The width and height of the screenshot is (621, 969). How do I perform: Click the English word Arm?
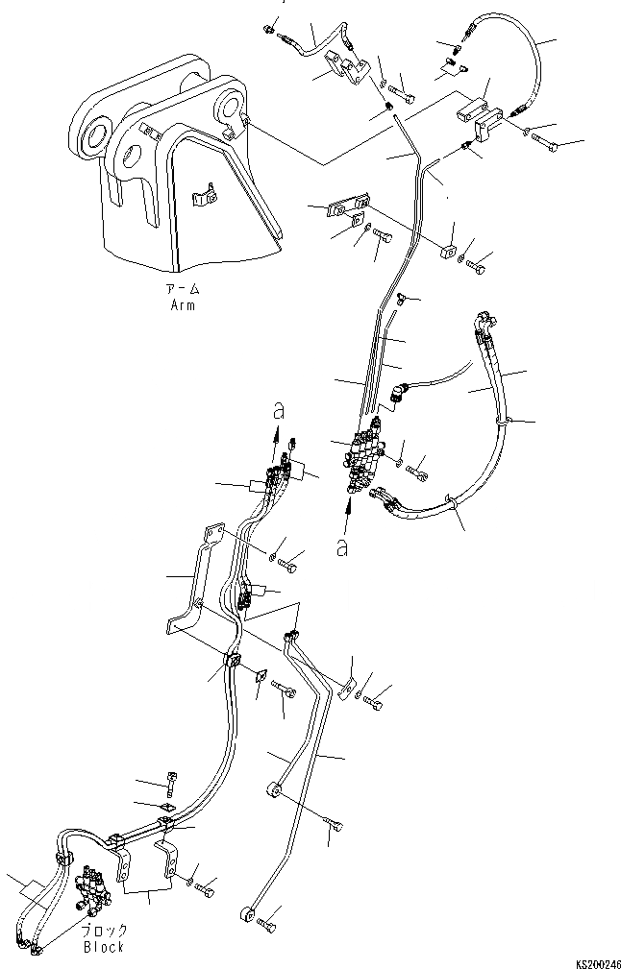(x=183, y=305)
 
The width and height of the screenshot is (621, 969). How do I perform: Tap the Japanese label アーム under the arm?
(x=183, y=290)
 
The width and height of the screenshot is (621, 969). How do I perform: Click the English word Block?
(x=103, y=948)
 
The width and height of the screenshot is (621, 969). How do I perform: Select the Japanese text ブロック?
(x=103, y=932)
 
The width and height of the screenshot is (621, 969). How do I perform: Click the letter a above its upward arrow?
(x=280, y=410)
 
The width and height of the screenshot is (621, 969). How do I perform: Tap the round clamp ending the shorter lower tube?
(x=275, y=788)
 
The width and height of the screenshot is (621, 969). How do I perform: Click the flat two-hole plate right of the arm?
(x=346, y=206)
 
